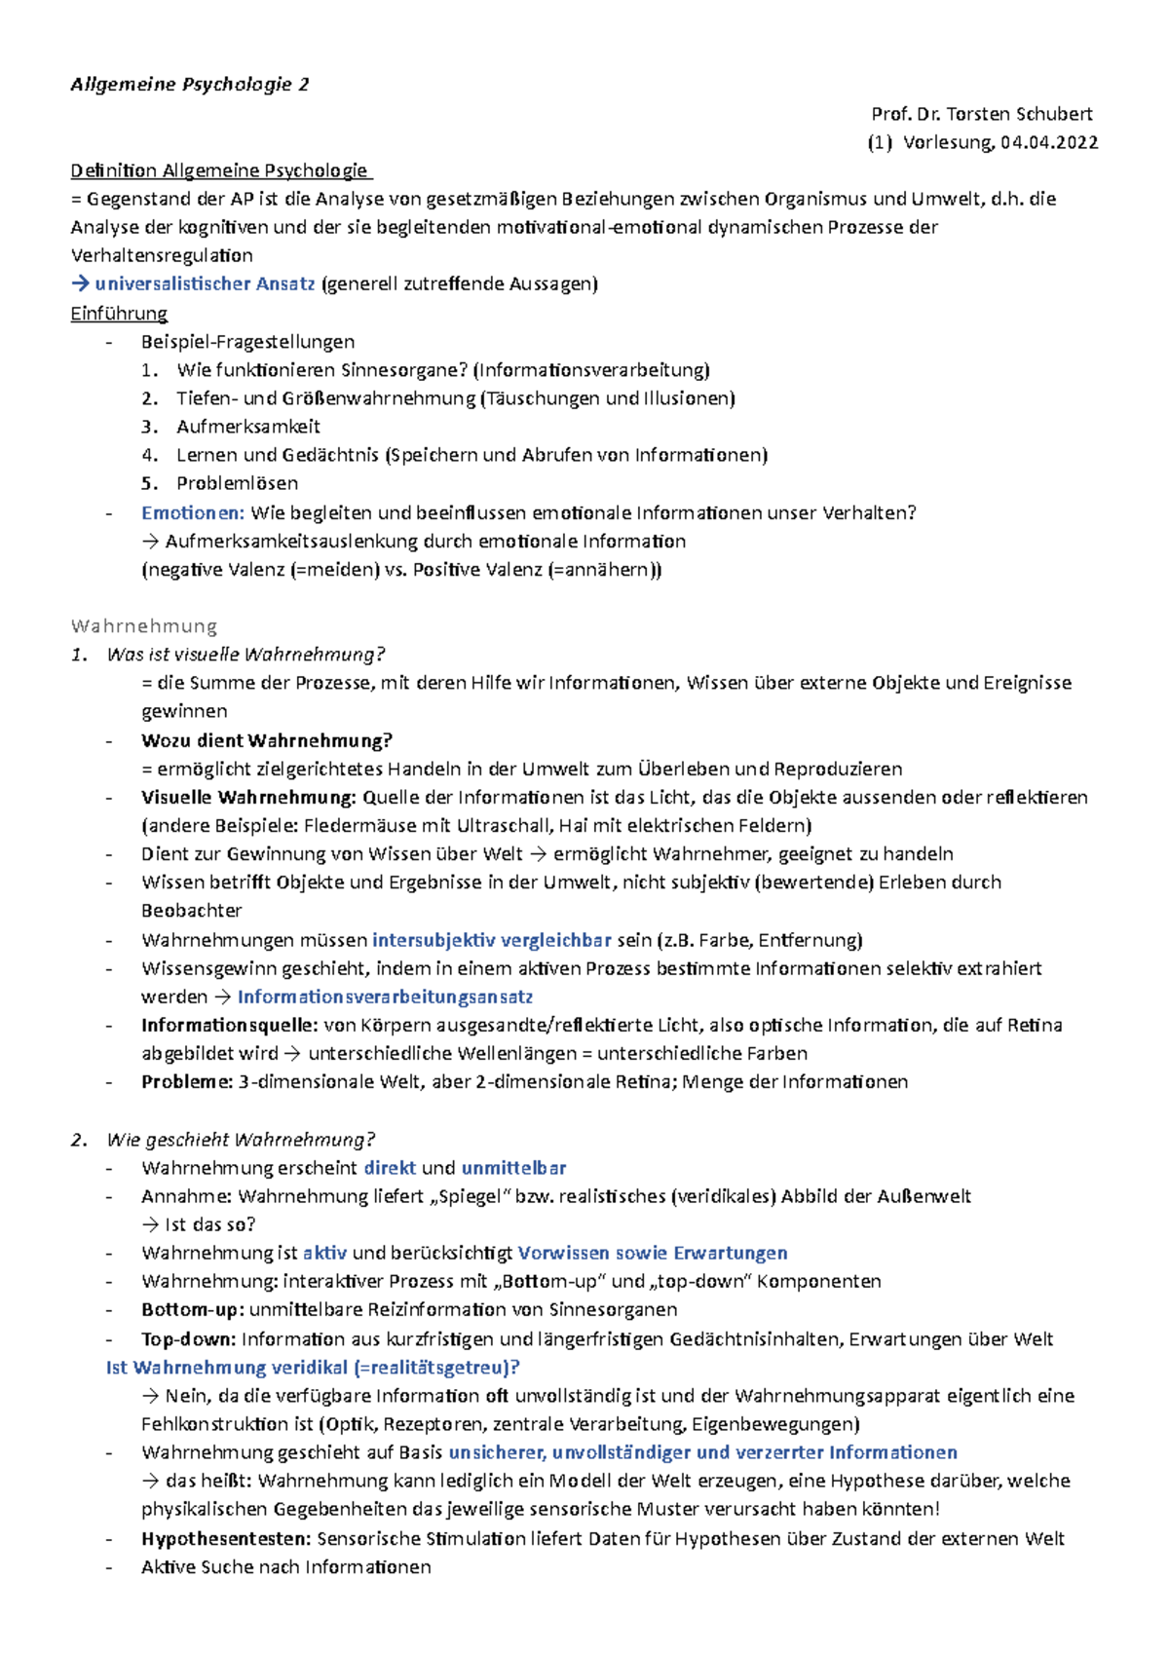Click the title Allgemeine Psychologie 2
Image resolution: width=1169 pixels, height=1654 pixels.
[x=190, y=85]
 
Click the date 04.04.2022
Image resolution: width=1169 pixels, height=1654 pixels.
[x=1048, y=142]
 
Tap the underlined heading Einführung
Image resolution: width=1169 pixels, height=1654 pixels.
[x=119, y=314]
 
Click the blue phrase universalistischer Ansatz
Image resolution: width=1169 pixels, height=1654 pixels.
[x=205, y=284]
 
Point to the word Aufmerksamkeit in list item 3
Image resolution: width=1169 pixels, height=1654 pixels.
[x=248, y=427]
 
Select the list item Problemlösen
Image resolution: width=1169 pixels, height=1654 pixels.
[x=237, y=483]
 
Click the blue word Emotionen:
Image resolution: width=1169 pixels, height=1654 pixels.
[x=193, y=512]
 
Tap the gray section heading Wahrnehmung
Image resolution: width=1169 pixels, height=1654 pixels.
[x=144, y=625]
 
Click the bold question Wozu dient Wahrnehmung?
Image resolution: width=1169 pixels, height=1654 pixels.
[x=267, y=740]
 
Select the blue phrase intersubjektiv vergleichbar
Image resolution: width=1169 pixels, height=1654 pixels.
[x=492, y=940]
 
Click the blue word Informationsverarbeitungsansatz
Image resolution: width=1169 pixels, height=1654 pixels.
[x=385, y=996]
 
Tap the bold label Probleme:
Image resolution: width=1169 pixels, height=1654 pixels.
[x=187, y=1082]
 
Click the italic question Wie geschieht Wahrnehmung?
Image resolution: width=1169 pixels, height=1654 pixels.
[x=241, y=1140]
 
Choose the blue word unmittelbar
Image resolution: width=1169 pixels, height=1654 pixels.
[x=513, y=1168]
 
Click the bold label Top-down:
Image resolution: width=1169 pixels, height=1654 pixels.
[x=189, y=1339]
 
